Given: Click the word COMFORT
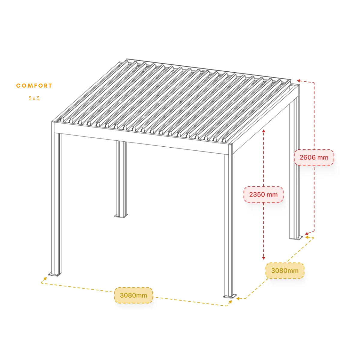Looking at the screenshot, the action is [34, 85].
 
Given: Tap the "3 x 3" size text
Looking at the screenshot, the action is [34, 98].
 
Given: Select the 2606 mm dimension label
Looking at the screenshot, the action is [314, 157].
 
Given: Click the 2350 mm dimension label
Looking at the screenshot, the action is [263, 194].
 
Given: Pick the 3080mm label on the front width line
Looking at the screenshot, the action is [133, 295].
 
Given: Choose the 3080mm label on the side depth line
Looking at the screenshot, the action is [285, 271].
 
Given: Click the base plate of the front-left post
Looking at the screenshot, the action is [55, 274].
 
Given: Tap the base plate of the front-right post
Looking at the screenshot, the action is [230, 296].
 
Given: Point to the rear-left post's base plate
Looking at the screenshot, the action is [121, 216].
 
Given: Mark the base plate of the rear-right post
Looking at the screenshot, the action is [296, 238].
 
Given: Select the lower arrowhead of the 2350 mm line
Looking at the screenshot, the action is [264, 258].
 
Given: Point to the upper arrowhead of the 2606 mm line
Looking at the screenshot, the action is [298, 81].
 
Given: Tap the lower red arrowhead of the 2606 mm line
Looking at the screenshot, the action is [307, 233].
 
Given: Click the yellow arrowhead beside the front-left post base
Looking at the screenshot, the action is [45, 279].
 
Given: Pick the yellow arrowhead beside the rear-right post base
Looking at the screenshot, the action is [307, 237].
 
